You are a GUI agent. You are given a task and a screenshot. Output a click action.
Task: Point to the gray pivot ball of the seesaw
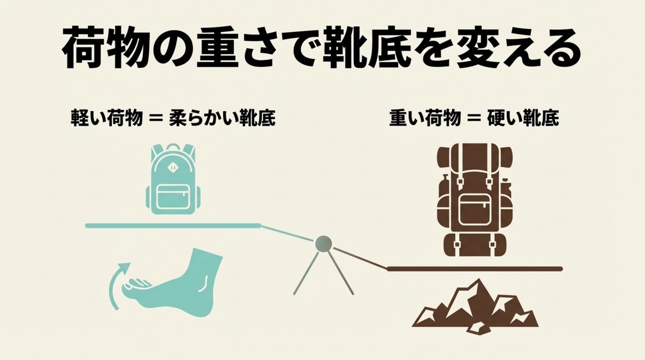[x=324, y=244]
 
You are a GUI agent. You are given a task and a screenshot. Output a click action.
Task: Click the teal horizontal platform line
[x=172, y=226]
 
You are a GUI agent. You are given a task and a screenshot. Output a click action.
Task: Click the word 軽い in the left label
[x=88, y=118]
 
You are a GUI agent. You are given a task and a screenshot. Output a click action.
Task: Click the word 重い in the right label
[x=406, y=118]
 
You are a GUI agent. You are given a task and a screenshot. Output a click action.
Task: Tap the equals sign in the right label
[x=472, y=119]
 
